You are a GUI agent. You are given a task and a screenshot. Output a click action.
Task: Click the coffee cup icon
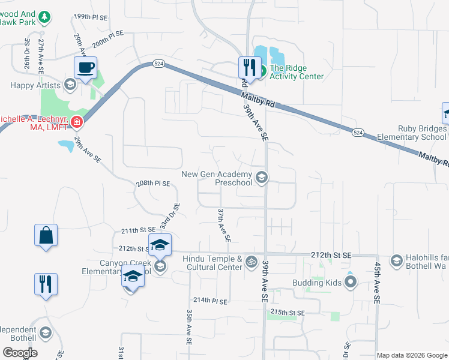tap(85, 67)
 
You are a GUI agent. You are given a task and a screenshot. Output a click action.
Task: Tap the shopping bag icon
tap(46, 235)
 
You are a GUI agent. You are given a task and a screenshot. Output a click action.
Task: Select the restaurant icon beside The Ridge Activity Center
tap(249, 66)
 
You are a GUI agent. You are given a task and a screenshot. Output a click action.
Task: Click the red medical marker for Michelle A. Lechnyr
tap(76, 123)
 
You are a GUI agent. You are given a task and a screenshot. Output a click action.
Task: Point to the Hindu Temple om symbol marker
tap(252, 262)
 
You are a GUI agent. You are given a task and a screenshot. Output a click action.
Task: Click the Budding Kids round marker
tap(351, 281)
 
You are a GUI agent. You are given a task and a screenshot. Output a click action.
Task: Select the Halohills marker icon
tap(396, 260)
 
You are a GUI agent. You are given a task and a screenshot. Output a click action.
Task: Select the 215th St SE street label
tap(289, 313)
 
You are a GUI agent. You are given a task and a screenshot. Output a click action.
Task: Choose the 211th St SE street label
tap(138, 230)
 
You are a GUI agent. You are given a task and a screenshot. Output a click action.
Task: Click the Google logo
tap(20, 353)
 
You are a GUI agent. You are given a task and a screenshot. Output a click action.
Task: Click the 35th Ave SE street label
tap(188, 327)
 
